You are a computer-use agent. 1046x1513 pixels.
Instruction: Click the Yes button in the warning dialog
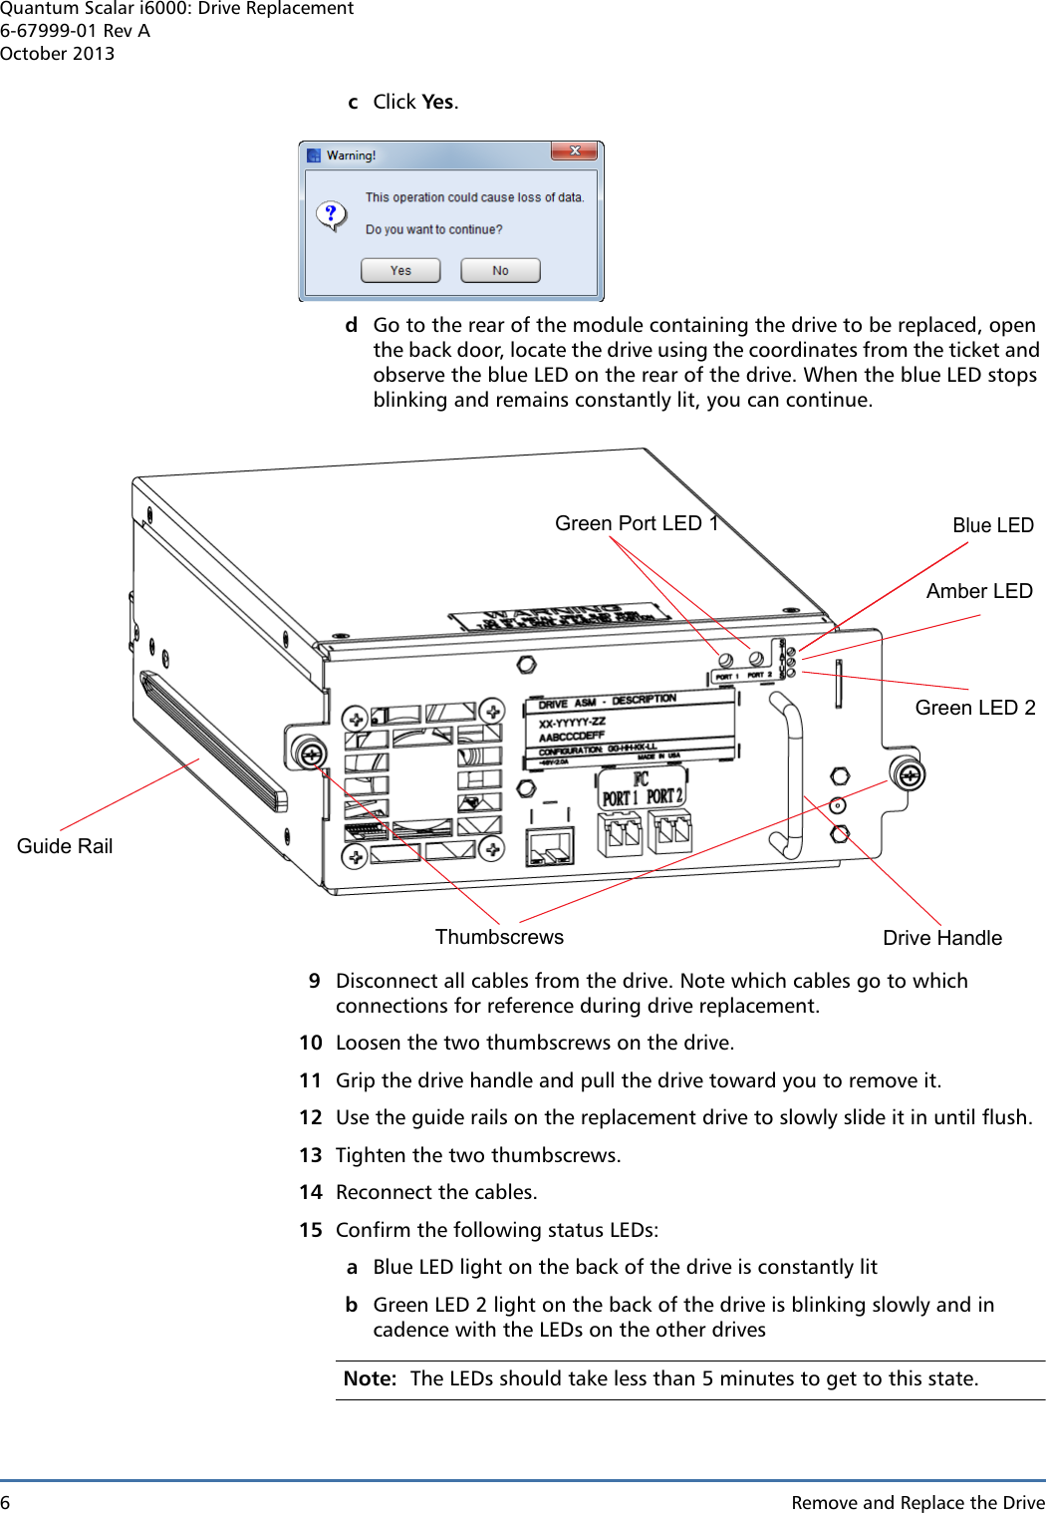coord(400,270)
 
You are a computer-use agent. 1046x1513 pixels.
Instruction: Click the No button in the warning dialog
coord(500,270)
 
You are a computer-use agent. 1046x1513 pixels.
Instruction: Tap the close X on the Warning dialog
coord(575,151)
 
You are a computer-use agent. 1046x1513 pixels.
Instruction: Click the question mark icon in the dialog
coord(331,214)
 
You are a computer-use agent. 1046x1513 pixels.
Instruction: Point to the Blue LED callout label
coord(992,525)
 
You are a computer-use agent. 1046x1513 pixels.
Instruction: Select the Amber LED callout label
coord(978,591)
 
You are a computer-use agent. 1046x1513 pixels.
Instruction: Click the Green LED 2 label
coord(974,708)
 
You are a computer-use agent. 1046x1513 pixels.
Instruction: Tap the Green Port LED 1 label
coord(636,523)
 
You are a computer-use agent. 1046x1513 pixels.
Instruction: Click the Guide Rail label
coord(65,846)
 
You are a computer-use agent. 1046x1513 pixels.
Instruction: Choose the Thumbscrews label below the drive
coord(499,937)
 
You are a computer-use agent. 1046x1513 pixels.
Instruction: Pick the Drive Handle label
coord(941,938)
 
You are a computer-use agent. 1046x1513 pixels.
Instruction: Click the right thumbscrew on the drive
coord(908,774)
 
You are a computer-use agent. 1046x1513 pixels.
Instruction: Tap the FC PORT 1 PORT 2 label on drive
coord(642,788)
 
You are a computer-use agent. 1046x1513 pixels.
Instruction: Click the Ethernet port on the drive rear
coord(550,846)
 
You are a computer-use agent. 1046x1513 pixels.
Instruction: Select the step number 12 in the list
coord(311,1117)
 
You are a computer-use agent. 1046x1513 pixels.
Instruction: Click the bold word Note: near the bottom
coord(370,1378)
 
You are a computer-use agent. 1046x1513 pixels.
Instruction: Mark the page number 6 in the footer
coord(5,1502)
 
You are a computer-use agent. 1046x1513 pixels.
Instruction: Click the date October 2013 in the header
coord(58,54)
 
